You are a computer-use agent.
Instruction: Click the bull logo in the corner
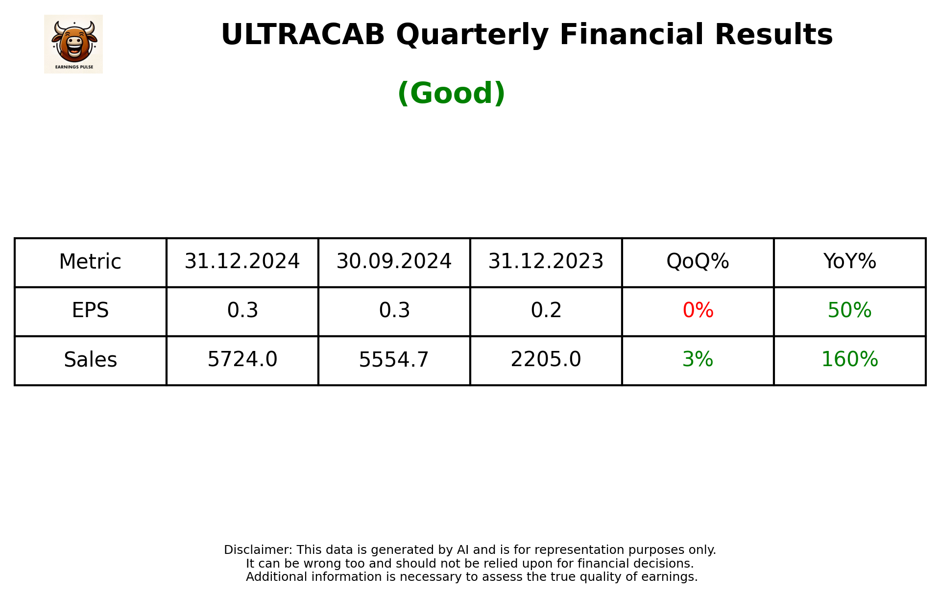pyautogui.click(x=73, y=44)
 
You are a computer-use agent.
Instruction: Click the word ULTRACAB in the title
pyautogui.click(x=303, y=35)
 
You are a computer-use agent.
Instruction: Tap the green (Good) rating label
pyautogui.click(x=451, y=93)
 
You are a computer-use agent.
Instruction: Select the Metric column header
pyautogui.click(x=90, y=262)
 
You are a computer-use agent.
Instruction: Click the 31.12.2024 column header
pyautogui.click(x=242, y=262)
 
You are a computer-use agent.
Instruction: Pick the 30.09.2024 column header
pyautogui.click(x=394, y=262)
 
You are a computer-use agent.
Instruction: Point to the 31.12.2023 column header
pyautogui.click(x=546, y=262)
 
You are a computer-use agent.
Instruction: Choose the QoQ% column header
pyautogui.click(x=698, y=262)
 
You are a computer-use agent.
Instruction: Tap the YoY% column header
pyautogui.click(x=849, y=262)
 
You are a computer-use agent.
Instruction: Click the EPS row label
pyautogui.click(x=90, y=311)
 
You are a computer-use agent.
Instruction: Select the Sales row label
pyautogui.click(x=90, y=360)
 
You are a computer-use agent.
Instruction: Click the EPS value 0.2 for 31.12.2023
pyautogui.click(x=546, y=311)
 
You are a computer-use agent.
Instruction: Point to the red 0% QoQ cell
pyautogui.click(x=698, y=311)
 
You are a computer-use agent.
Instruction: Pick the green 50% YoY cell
pyautogui.click(x=849, y=311)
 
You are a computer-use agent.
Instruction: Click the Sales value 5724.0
pyautogui.click(x=242, y=360)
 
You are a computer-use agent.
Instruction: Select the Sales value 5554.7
pyautogui.click(x=394, y=360)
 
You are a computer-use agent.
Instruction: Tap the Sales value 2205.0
pyautogui.click(x=546, y=360)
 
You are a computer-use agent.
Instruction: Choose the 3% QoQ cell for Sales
pyautogui.click(x=698, y=360)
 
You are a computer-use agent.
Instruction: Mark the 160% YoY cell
pyautogui.click(x=849, y=360)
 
